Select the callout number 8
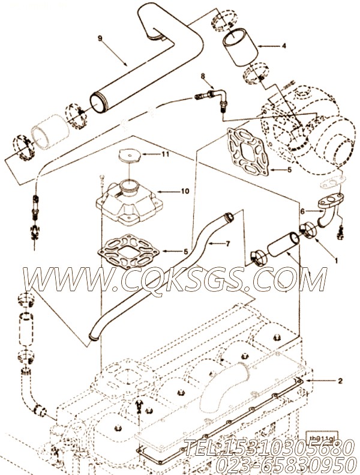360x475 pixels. (x=203, y=76)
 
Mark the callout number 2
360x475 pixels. (x=340, y=380)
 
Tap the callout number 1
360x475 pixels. (x=319, y=261)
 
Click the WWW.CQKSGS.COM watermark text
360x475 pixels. (x=174, y=280)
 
